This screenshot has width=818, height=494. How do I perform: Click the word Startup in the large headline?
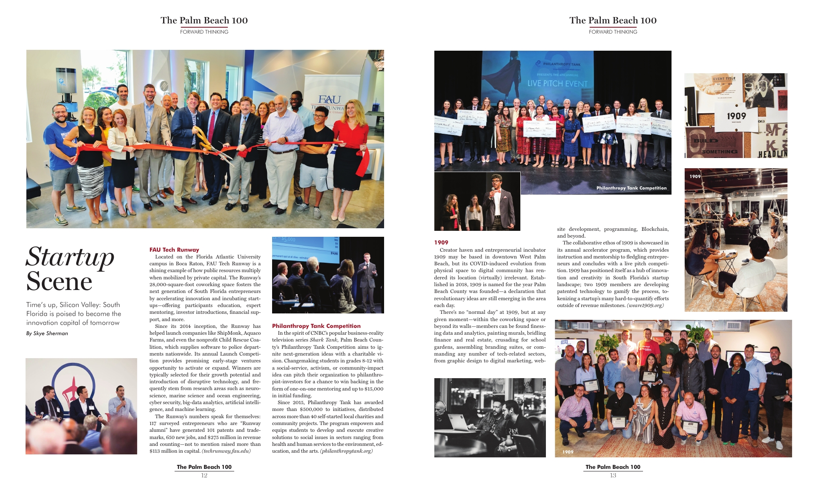(x=70, y=257)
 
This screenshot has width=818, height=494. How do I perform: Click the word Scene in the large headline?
(x=59, y=281)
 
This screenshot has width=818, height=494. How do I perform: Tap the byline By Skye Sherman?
(x=47, y=333)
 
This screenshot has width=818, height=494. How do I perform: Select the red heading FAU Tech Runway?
(x=174, y=250)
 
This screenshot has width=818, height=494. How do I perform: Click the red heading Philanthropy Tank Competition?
(x=316, y=326)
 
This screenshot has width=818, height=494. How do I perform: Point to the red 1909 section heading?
(x=441, y=242)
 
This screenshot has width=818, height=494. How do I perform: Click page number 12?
(x=204, y=475)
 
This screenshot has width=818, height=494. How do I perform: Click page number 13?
(x=613, y=475)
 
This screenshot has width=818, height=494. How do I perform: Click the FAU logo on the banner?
(x=330, y=100)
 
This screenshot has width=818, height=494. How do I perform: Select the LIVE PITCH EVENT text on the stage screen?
(x=557, y=83)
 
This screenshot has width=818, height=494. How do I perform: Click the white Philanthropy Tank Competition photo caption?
(x=631, y=188)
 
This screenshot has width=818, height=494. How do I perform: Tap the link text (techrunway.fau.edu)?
(x=226, y=451)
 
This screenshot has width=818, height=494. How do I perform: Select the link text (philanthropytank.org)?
(x=346, y=451)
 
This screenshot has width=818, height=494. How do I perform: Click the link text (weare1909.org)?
(x=645, y=305)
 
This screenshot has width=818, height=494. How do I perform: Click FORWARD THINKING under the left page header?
(x=204, y=32)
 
